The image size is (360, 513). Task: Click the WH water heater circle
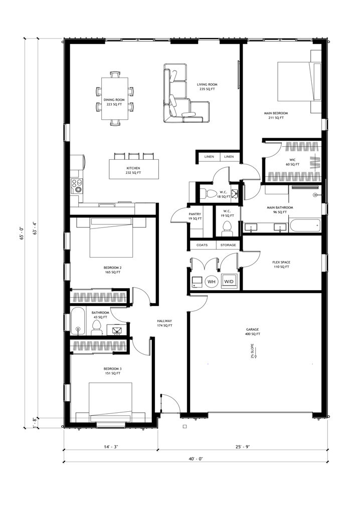[x=211, y=282]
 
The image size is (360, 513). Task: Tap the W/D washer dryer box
[x=229, y=282]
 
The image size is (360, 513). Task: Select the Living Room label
[x=207, y=87]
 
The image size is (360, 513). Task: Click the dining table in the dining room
[x=115, y=98]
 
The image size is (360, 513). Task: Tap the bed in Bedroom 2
[x=111, y=238]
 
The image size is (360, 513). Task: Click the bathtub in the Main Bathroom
[x=303, y=226]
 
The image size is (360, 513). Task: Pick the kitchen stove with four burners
[x=78, y=186]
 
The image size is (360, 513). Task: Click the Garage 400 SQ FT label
[x=252, y=332]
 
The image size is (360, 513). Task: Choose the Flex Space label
[x=281, y=265]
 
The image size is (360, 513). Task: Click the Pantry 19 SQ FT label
[x=195, y=216]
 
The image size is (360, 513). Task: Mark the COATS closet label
[x=202, y=245]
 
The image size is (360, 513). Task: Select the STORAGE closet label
[x=228, y=245]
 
